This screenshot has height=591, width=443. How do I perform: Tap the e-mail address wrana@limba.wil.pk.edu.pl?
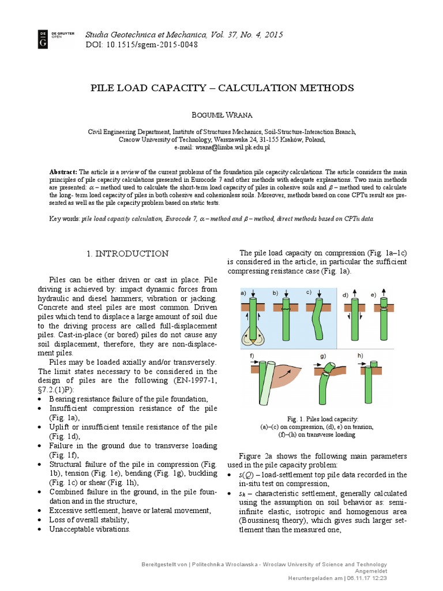click(221, 148)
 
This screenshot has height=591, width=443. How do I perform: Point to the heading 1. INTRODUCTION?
click(127, 253)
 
